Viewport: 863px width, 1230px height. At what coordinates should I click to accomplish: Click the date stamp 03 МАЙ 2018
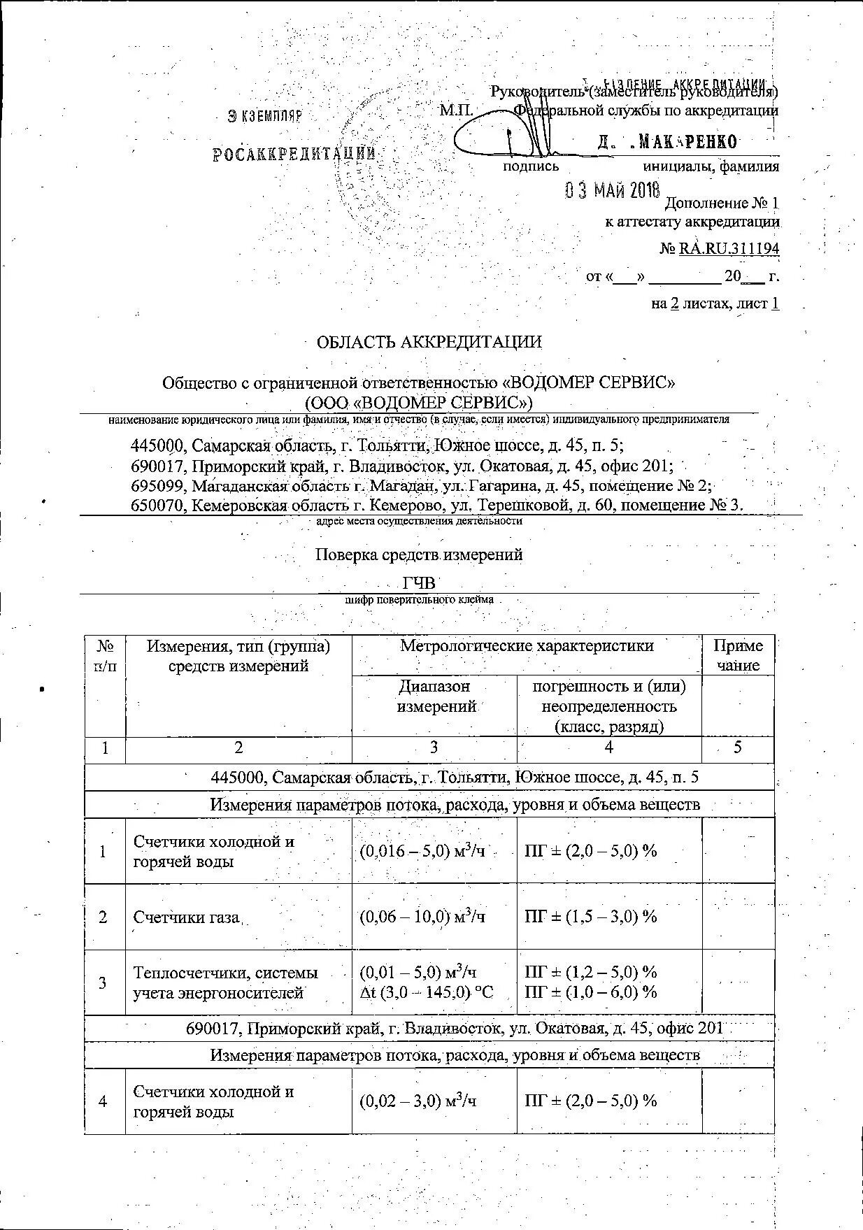(x=612, y=190)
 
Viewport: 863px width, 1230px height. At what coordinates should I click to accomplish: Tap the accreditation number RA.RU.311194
(x=728, y=249)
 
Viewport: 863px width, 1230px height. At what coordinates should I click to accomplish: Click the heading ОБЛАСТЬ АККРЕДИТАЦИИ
(x=429, y=342)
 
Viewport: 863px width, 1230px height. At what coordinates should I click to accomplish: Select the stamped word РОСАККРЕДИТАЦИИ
(x=294, y=154)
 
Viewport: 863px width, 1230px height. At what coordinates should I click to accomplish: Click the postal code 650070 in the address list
(x=158, y=505)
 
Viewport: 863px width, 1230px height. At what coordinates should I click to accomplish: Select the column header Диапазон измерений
(x=434, y=696)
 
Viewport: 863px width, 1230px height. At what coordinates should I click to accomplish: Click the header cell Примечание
(x=738, y=655)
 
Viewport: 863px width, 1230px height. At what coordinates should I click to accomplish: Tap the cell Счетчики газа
(x=187, y=917)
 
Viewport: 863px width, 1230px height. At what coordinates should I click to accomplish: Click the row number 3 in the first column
(x=104, y=982)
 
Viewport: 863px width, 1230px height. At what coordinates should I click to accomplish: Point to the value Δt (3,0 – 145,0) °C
(x=426, y=992)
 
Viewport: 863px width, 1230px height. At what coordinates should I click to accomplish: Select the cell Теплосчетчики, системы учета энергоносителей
(x=226, y=982)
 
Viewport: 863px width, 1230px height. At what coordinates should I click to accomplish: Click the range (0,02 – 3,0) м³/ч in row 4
(x=418, y=1101)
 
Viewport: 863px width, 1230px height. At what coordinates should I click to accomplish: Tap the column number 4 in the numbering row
(x=608, y=748)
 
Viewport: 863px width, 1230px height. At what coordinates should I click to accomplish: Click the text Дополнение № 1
(x=721, y=203)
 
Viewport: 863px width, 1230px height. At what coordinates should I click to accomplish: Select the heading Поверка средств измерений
(x=418, y=555)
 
